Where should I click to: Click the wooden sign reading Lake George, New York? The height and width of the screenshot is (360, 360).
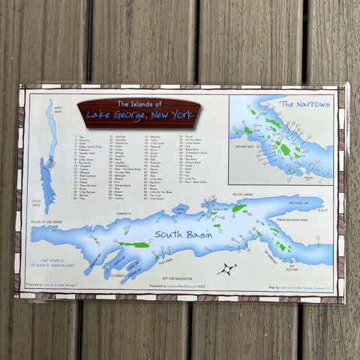coord(139,112)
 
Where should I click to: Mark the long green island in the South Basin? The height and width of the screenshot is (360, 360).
coord(133,244)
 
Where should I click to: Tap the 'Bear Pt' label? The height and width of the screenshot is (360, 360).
coord(322,211)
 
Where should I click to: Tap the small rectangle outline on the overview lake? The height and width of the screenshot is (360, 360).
coord(51,163)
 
